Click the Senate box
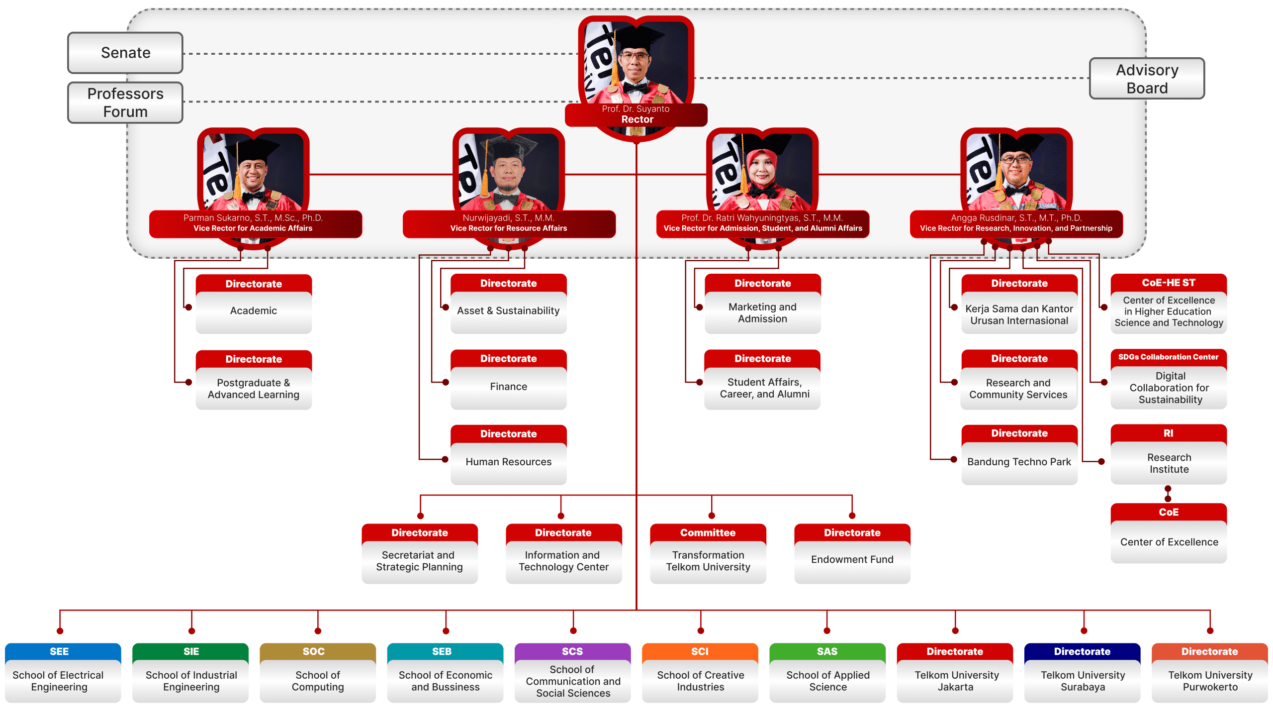coord(125,53)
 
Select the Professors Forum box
coord(125,103)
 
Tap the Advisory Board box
coord(1147,79)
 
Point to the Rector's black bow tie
coord(635,88)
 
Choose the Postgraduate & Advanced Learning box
coord(254,389)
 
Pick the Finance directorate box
coord(508,387)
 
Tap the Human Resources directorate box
coord(508,462)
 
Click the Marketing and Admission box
coord(762,312)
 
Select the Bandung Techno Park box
coord(1019,462)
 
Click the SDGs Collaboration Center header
coord(1168,357)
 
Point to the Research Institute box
coord(1169,463)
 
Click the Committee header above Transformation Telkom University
coord(708,532)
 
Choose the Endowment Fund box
coord(852,559)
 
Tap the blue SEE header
coord(59,651)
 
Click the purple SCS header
coord(572,651)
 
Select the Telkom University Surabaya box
coord(1083,681)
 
